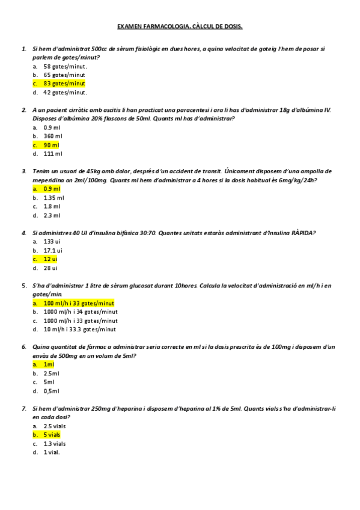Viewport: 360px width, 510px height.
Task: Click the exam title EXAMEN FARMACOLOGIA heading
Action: (180, 26)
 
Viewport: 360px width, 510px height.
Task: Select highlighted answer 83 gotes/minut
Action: (64, 84)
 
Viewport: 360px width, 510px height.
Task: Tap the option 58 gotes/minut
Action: (65, 66)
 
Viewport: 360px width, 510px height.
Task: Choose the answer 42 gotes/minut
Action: (65, 93)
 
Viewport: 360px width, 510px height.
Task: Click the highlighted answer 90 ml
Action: (52, 145)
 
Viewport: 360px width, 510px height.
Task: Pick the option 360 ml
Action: (53, 136)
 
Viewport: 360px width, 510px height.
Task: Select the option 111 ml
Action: (53, 154)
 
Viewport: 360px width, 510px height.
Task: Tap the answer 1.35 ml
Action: (53, 197)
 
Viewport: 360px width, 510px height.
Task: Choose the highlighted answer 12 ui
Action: (50, 259)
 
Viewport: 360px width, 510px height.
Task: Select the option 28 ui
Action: (50, 268)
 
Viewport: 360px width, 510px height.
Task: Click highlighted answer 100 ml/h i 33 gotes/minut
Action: (79, 303)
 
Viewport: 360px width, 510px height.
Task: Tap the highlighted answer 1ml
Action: (49, 364)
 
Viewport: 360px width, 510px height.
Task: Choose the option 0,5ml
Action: (51, 391)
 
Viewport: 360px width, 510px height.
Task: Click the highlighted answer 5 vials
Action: (53, 434)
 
